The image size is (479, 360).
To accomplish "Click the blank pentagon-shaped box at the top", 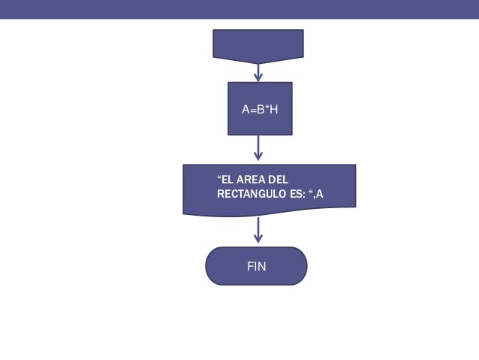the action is [x=258, y=44].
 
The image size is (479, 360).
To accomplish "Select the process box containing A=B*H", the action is [x=259, y=108].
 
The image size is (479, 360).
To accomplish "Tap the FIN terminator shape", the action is [x=257, y=266].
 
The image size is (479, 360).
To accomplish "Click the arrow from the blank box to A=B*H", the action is [x=258, y=71].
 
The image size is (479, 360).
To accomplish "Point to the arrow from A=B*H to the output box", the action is [x=258, y=148].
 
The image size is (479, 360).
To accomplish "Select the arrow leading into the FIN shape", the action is [x=258, y=230].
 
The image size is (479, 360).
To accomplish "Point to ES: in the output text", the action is [x=298, y=194].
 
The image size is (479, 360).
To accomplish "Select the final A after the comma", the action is [x=321, y=194].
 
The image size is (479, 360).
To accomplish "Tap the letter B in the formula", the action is [x=259, y=110].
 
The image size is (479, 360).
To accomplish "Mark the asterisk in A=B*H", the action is [x=266, y=108].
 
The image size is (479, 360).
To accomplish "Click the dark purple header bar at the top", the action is [x=239, y=8].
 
